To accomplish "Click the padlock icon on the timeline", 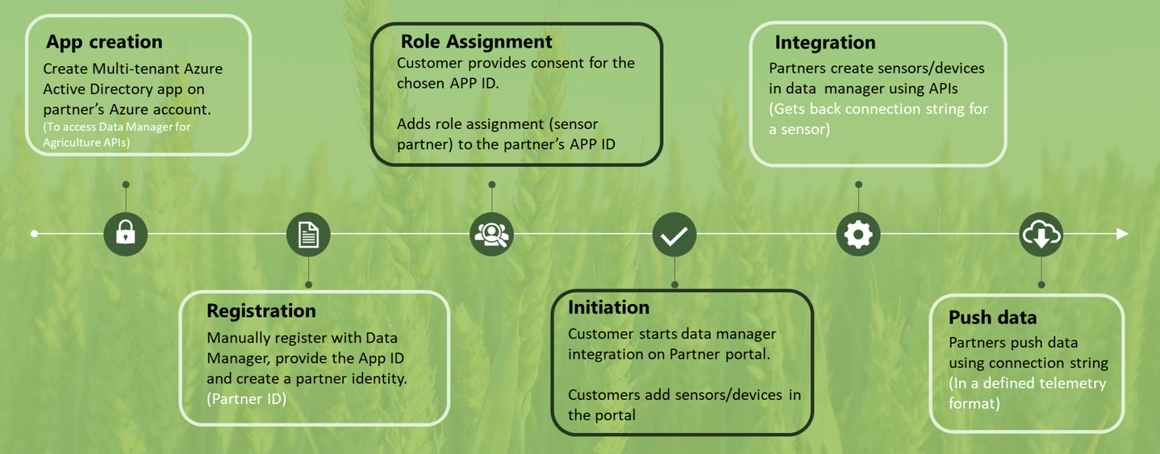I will tap(126, 234).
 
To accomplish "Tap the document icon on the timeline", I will tap(308, 235).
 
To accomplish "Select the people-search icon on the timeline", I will tap(491, 235).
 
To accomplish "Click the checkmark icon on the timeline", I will tap(674, 235).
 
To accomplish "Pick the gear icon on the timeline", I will tap(858, 235).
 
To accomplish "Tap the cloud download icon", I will tap(1041, 235).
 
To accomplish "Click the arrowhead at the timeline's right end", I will tap(1122, 234).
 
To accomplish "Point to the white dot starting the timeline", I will tap(34, 234).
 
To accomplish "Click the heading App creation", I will tap(104, 42).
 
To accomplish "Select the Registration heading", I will tap(261, 310).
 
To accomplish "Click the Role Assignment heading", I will tap(476, 41).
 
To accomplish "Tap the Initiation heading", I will tap(608, 307).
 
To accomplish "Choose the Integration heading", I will tap(825, 42).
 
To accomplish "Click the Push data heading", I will tap(992, 317).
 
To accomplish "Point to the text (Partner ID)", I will tap(246, 398).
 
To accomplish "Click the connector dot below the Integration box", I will tap(858, 185).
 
